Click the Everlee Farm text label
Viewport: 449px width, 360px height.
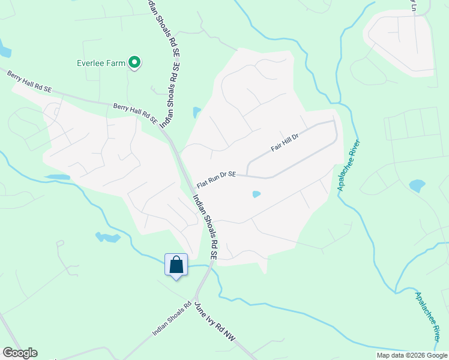100,62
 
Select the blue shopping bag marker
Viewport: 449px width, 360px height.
176,265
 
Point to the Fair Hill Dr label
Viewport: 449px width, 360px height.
285,143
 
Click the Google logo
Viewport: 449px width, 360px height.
20,353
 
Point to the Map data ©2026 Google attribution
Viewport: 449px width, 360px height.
412,355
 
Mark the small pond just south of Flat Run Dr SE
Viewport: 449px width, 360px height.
256,194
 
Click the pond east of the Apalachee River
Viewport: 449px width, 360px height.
417,185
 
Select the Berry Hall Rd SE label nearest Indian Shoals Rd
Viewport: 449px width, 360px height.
135,113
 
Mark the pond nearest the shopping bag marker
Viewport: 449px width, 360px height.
108,238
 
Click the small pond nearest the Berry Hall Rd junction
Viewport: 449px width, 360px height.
196,112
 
